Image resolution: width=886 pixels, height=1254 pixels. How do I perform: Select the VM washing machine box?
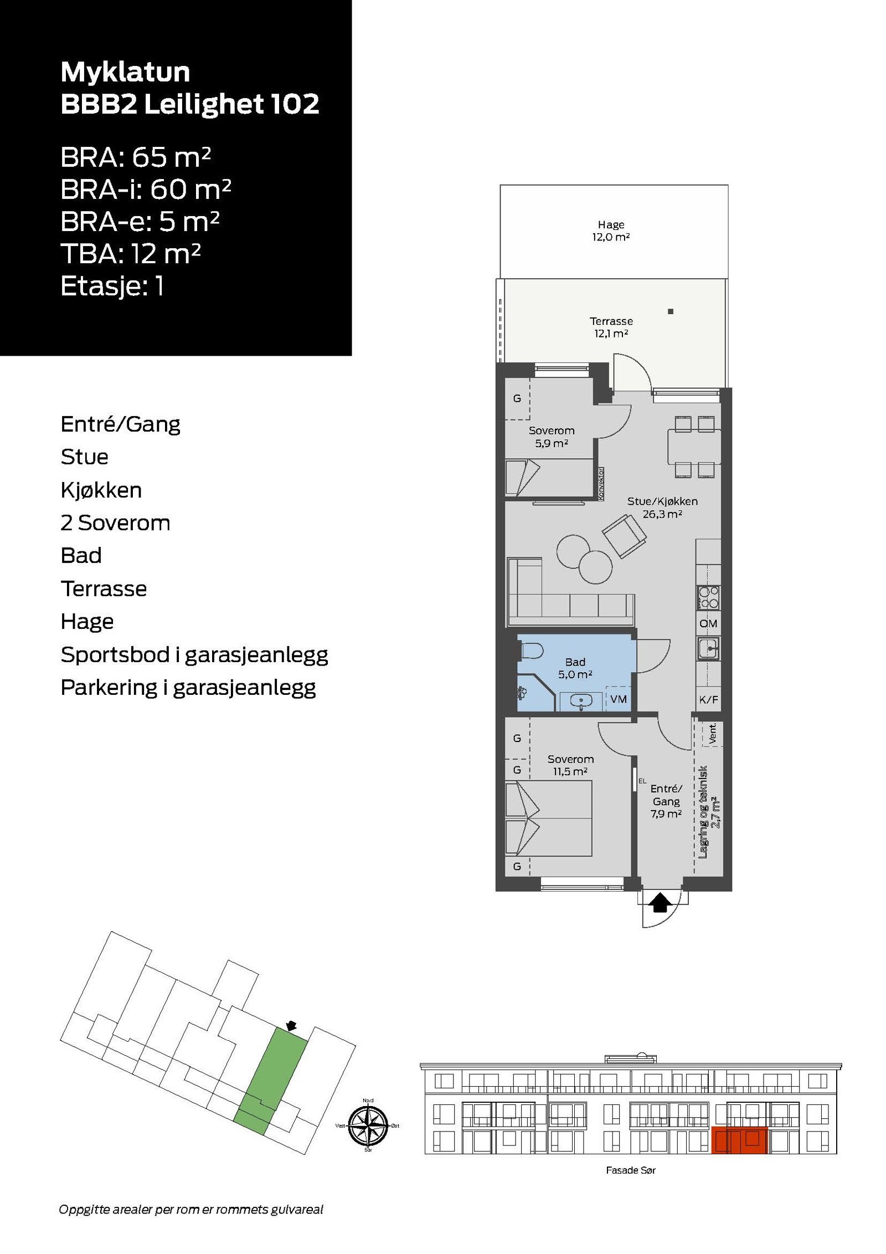click(618, 699)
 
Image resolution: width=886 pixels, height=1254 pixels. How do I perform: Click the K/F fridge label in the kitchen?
click(708, 700)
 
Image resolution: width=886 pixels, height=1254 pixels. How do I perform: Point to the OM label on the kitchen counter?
click(708, 623)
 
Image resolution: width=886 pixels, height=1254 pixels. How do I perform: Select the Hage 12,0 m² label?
click(610, 231)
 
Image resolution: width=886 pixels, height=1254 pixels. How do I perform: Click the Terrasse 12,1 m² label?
click(610, 327)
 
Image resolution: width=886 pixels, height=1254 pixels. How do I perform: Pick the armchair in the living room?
click(624, 536)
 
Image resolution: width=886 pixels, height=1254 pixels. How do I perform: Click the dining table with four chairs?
click(694, 447)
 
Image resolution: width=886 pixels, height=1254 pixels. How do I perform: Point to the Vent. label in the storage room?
click(713, 733)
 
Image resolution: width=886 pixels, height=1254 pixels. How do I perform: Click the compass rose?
click(368, 1125)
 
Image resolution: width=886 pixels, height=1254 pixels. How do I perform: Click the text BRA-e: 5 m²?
click(140, 222)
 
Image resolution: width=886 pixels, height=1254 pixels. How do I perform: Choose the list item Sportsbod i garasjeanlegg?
click(194, 655)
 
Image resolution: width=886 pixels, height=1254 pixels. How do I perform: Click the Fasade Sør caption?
click(630, 1170)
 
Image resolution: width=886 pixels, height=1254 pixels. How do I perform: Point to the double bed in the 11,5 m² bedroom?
click(548, 818)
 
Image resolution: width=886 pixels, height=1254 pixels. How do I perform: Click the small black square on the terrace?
click(670, 311)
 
